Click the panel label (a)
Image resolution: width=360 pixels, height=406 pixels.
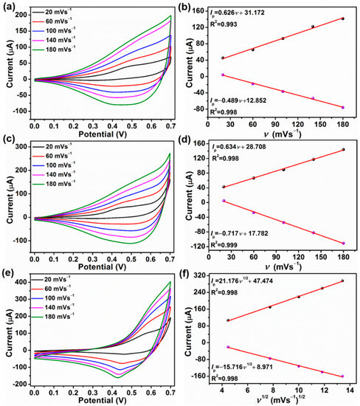click(10, 7)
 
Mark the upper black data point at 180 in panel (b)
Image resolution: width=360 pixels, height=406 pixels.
click(342, 18)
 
